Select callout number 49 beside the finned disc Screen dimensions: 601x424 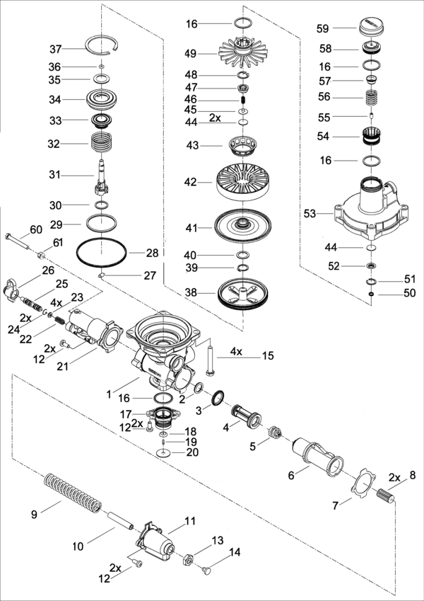(x=189, y=53)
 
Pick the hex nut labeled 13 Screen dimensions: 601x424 (x=188, y=558)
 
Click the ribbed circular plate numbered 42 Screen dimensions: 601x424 (x=242, y=182)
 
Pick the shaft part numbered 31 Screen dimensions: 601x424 (x=101, y=178)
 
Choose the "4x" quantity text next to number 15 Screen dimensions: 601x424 (x=235, y=351)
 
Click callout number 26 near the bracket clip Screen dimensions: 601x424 (x=48, y=270)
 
